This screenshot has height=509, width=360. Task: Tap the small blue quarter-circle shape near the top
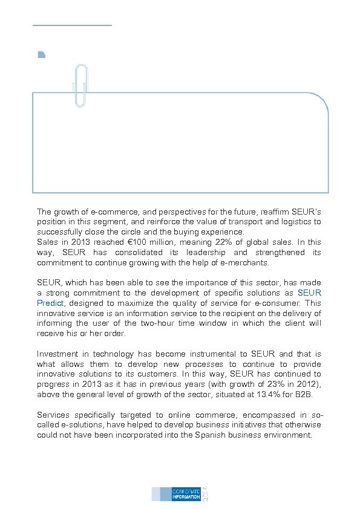point(41,55)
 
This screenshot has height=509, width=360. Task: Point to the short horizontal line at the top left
point(72,25)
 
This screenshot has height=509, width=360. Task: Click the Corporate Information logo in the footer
point(180,493)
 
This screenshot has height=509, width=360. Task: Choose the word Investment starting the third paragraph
point(59,354)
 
